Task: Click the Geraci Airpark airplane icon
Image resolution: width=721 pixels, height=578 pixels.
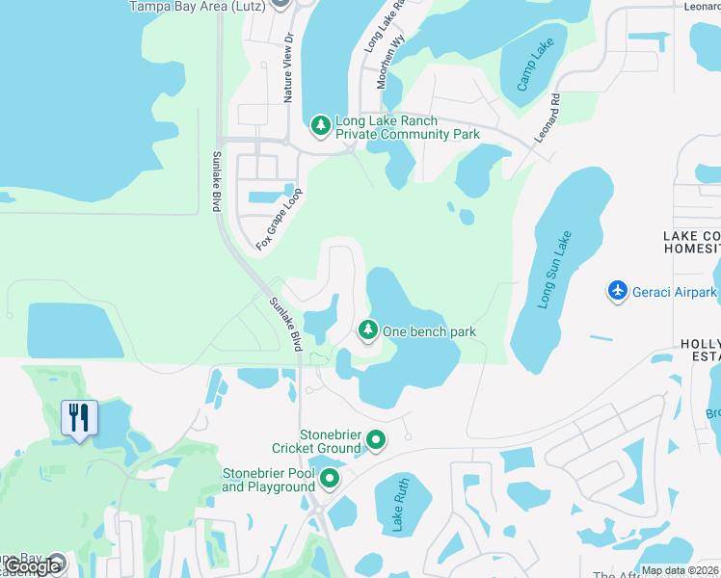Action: [618, 290]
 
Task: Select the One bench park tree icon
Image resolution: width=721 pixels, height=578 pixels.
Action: [367, 330]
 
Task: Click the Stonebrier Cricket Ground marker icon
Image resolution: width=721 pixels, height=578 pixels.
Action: [376, 441]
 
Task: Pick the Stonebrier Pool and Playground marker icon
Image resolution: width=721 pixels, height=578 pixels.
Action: [330, 478]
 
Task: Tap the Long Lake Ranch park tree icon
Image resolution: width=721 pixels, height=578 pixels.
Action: [320, 125]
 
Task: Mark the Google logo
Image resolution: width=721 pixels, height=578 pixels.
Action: [32, 566]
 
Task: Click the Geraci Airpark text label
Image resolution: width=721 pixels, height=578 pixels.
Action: [675, 291]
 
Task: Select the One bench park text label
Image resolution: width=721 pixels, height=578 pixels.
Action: [429, 331]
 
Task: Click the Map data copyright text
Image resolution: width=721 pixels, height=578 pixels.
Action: [681, 570]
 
